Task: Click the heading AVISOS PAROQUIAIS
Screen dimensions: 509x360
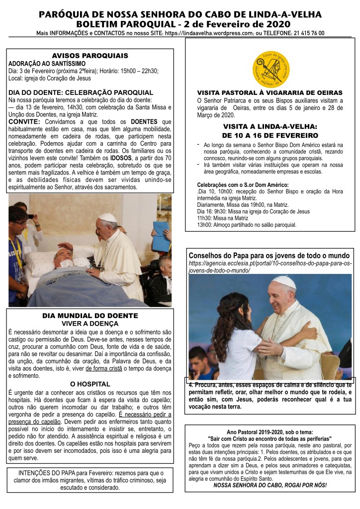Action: click(x=90, y=55)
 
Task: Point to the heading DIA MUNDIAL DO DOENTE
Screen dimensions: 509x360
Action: click(x=90, y=316)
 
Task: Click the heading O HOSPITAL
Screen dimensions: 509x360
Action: click(x=90, y=384)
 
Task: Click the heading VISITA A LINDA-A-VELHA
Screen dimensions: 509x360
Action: click(x=270, y=126)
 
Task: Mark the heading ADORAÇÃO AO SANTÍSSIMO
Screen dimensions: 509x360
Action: click(x=47, y=64)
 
